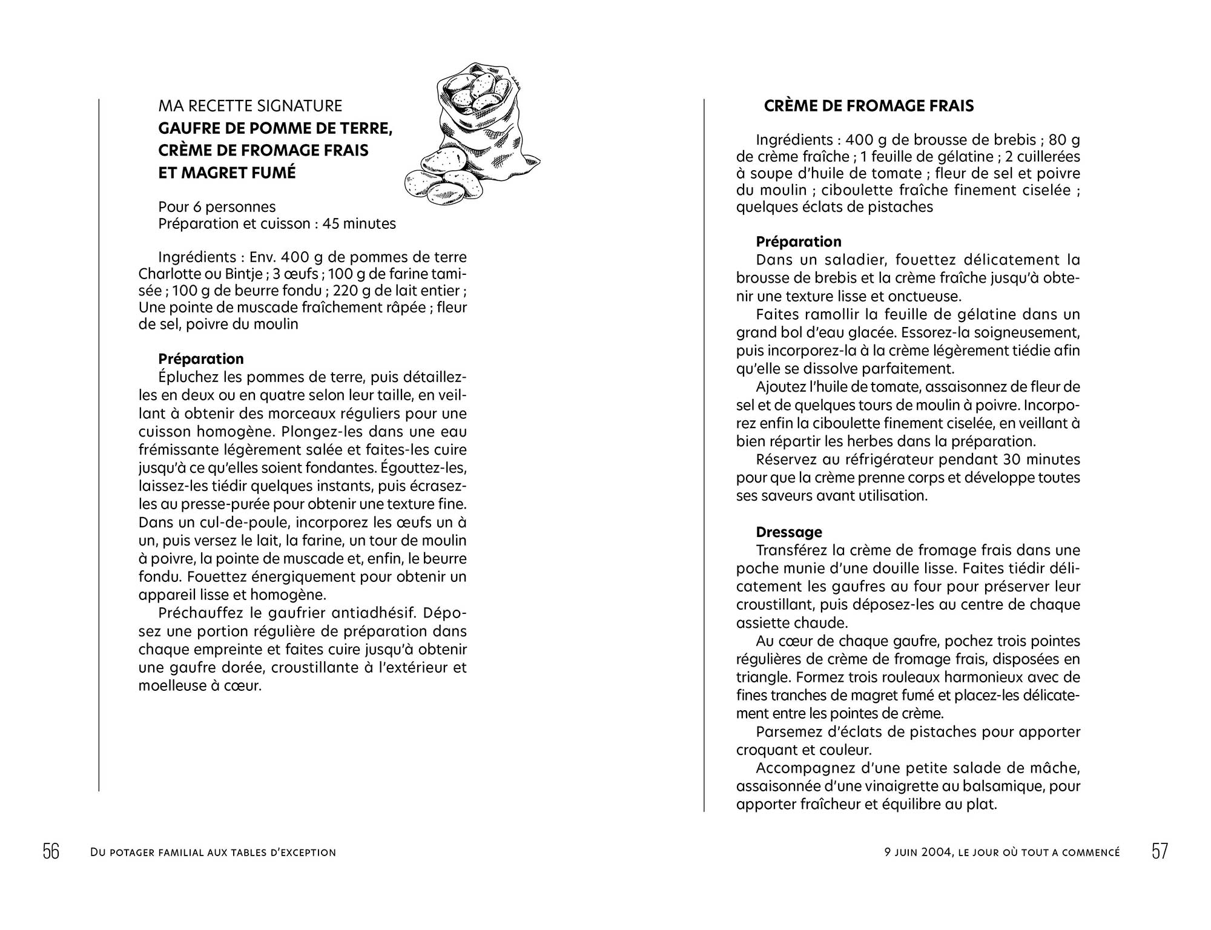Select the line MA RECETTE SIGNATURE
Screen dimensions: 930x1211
tap(250, 106)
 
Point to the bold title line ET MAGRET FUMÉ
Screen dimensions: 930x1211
tap(227, 173)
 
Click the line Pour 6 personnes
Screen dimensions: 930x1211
tap(217, 207)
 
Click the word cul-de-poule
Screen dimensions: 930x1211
tap(240, 523)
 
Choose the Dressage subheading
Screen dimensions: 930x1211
tap(789, 532)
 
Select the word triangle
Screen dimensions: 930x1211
tap(761, 677)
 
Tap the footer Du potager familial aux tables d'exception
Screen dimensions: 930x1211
tap(213, 852)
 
